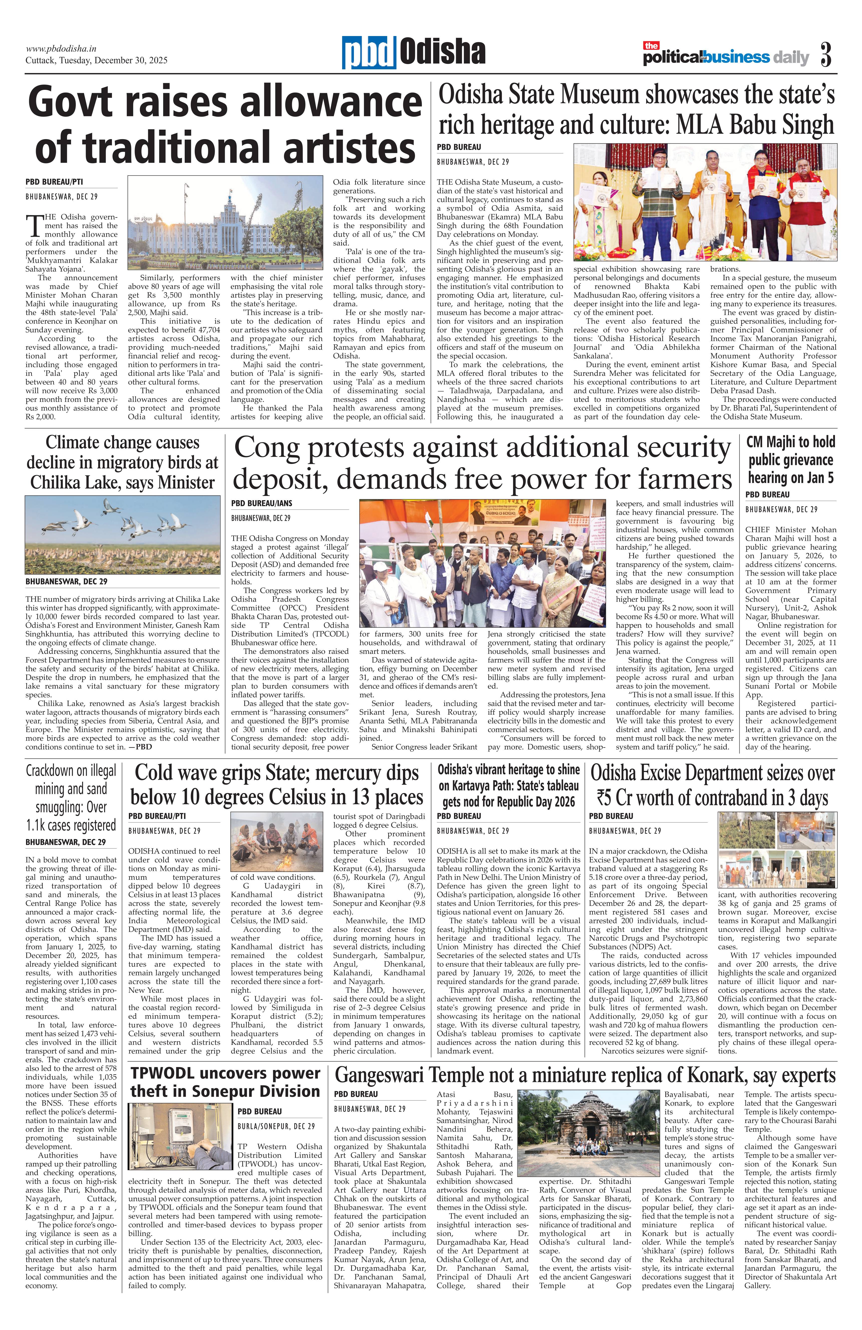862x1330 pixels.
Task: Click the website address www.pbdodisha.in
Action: (x=62, y=49)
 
